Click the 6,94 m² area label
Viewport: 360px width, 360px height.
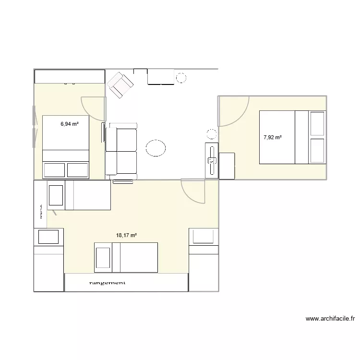69,124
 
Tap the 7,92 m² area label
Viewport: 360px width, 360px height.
272,137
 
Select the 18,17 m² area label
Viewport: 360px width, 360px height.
127,235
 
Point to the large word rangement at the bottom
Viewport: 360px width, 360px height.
108,283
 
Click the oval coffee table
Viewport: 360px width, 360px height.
156,148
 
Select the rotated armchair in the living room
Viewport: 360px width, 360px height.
120,85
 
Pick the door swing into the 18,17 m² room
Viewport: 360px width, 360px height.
193,191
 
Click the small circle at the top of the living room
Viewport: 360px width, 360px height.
181,77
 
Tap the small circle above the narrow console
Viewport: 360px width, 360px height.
211,134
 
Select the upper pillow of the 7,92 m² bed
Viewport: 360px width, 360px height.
317,123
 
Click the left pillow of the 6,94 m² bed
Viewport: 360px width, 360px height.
54,170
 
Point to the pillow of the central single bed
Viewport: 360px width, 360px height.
103,258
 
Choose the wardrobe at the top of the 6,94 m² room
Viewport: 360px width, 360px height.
70,76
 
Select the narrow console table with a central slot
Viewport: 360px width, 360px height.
212,161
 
